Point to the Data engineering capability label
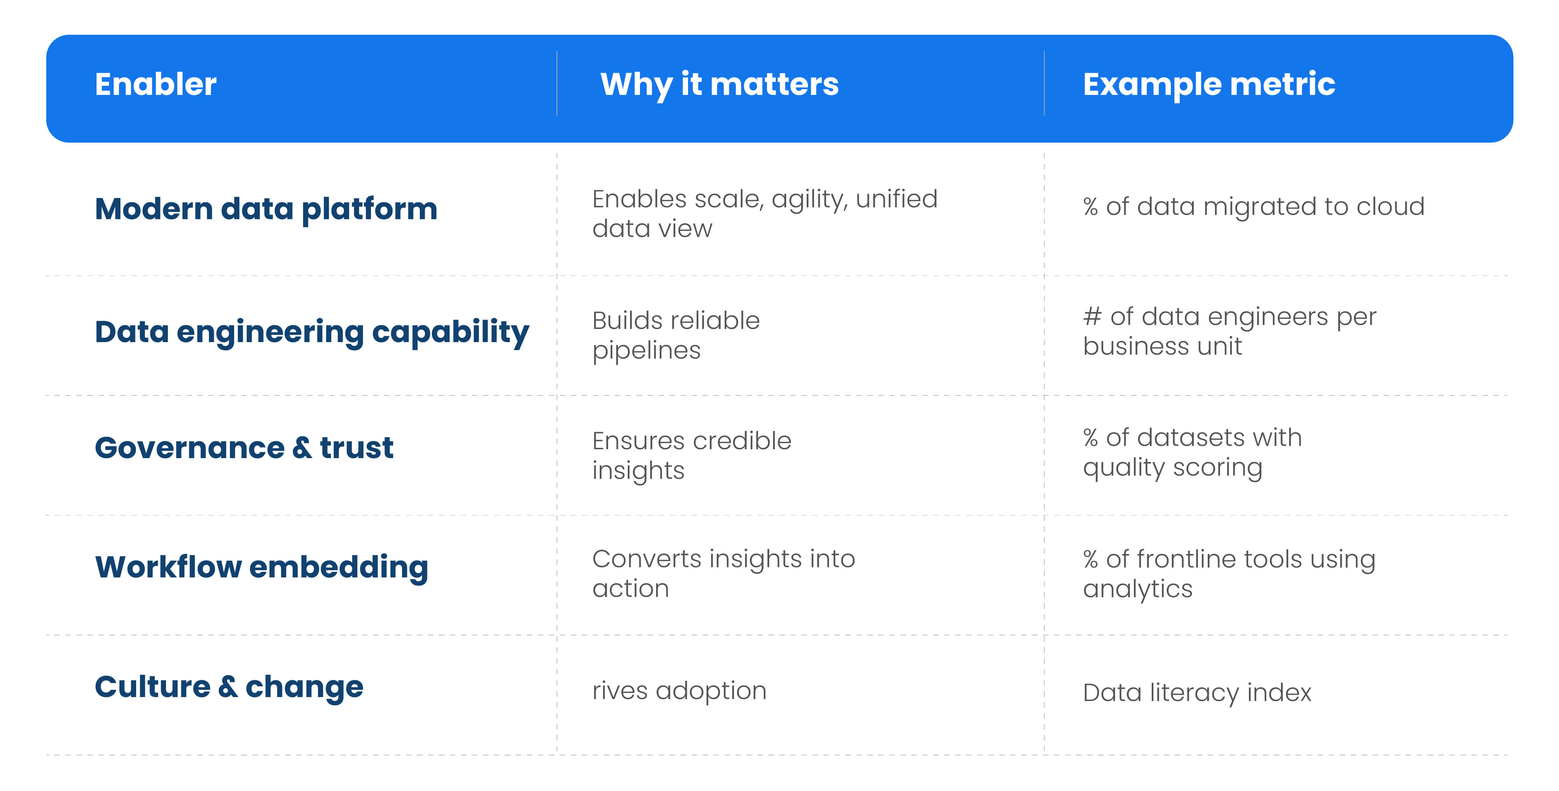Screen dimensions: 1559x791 tap(312, 332)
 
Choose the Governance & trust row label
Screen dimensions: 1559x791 tap(244, 448)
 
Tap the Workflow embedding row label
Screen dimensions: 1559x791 tap(261, 568)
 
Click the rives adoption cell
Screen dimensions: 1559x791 tap(679, 690)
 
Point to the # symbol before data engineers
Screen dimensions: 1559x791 tap(1092, 316)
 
